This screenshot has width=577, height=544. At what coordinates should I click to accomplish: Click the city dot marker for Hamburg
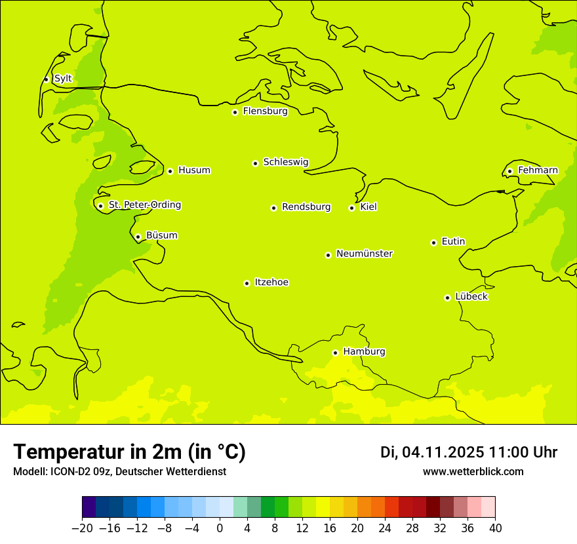click(x=335, y=353)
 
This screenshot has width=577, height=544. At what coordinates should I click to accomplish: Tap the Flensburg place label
click(x=265, y=111)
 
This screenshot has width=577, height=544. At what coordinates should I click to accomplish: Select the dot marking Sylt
click(x=46, y=79)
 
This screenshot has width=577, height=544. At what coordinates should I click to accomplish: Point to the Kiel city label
click(x=368, y=207)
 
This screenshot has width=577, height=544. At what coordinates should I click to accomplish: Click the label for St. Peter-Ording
click(x=144, y=205)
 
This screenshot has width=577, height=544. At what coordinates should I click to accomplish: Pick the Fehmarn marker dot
click(x=509, y=171)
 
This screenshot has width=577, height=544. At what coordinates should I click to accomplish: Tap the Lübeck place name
click(x=471, y=297)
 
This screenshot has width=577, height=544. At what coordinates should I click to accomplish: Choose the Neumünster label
click(x=365, y=254)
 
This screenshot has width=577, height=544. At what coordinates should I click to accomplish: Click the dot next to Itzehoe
click(x=247, y=283)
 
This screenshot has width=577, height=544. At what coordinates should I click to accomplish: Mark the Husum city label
click(x=194, y=170)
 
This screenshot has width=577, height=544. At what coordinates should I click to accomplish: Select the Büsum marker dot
click(x=138, y=237)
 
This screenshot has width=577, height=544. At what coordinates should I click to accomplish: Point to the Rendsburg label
click(x=306, y=207)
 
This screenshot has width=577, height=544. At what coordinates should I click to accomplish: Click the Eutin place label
click(x=453, y=242)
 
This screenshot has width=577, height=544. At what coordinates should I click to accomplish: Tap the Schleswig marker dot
click(x=255, y=163)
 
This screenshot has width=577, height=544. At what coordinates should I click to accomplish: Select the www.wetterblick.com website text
click(x=473, y=472)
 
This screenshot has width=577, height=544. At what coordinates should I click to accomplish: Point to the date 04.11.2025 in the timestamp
click(x=443, y=452)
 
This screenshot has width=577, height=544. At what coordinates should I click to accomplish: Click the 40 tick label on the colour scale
click(x=495, y=528)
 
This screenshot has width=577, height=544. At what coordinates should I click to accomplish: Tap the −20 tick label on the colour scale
click(x=82, y=528)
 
